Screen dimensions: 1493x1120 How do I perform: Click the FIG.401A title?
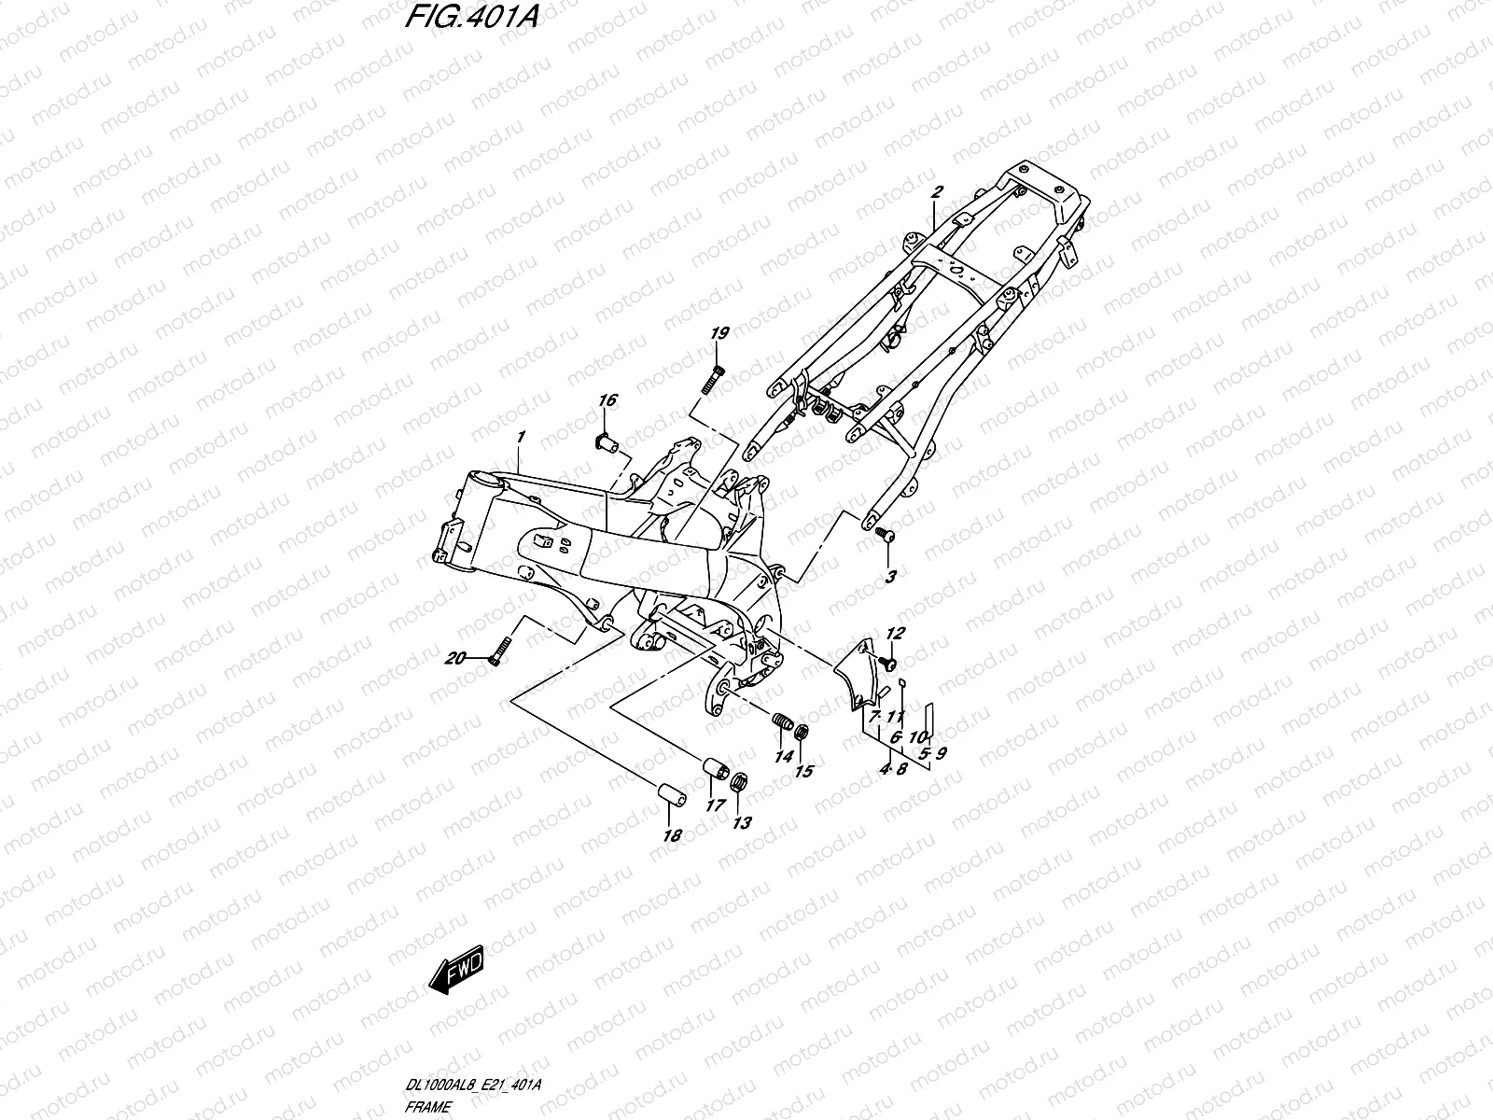[x=471, y=17]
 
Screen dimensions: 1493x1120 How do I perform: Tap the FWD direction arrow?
[x=455, y=969]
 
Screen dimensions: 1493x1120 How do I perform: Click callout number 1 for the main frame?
[x=521, y=437]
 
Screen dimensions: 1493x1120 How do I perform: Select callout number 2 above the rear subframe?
[x=937, y=191]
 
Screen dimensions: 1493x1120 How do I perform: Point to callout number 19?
[x=719, y=332]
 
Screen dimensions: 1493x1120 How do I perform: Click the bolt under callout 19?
[x=713, y=379]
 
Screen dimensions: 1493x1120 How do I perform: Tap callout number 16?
[x=607, y=399]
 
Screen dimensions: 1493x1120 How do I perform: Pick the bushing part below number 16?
[x=607, y=443]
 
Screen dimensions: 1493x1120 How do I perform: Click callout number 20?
[x=455, y=658]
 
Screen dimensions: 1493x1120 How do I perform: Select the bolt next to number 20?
[x=499, y=651]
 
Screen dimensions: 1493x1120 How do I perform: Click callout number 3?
[x=890, y=577]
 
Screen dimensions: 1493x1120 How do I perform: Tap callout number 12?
[x=895, y=633]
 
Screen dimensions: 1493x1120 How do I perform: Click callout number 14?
[x=784, y=756]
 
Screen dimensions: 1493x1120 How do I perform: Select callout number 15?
[x=804, y=771]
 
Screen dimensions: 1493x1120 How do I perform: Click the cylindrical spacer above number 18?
[x=671, y=796]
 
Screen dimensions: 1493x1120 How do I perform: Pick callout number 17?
[x=715, y=805]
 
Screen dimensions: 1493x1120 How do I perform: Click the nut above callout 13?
[x=739, y=782]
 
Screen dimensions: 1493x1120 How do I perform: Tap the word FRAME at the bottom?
[x=427, y=1107]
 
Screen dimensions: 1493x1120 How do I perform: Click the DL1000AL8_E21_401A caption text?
[x=473, y=1084]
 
